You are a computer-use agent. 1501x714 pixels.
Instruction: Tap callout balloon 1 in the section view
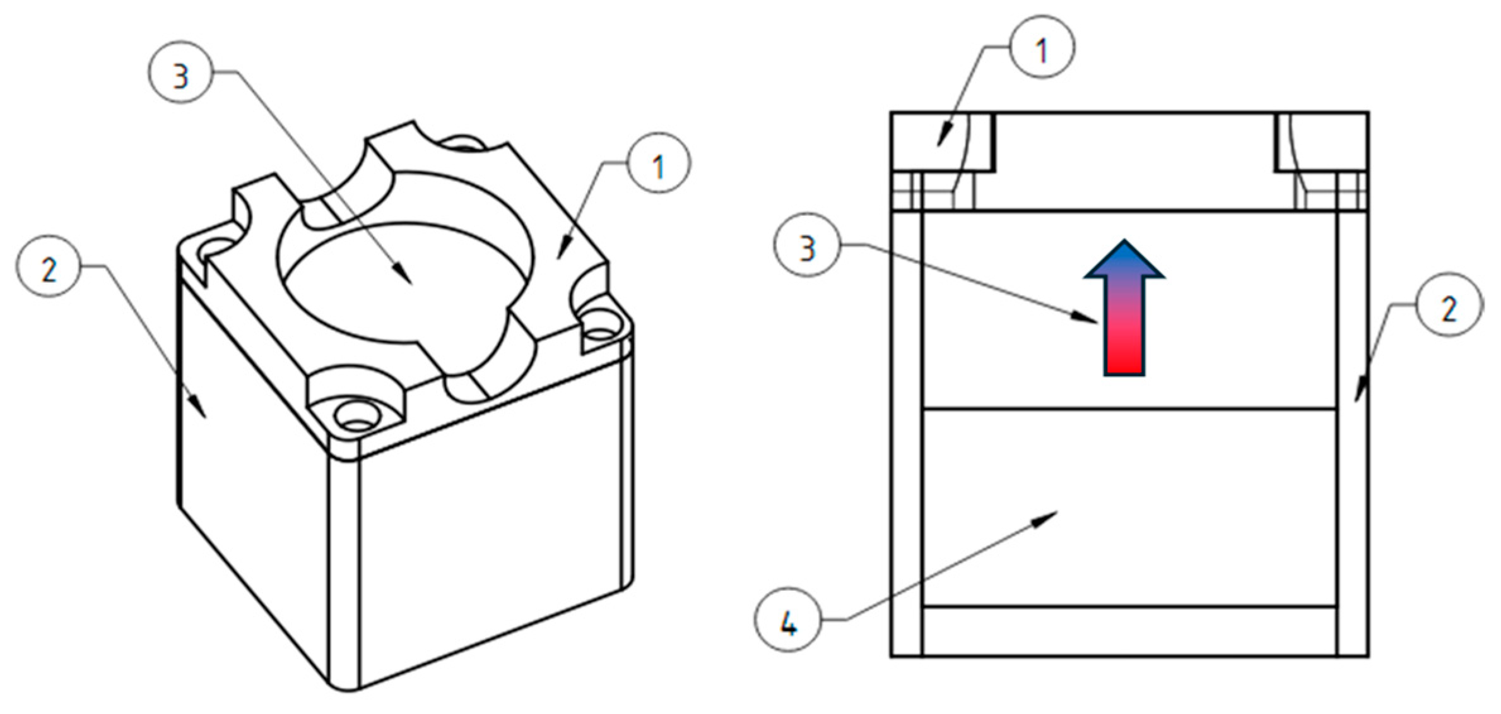click(x=1042, y=47)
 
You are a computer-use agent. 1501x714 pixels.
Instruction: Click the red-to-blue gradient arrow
click(x=1124, y=328)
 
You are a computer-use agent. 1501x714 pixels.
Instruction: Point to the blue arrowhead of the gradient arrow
click(x=1124, y=260)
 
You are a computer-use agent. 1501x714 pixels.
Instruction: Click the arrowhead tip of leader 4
click(x=1057, y=513)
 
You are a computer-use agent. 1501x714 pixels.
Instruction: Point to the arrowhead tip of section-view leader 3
click(x=1097, y=322)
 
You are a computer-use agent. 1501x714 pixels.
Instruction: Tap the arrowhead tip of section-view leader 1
click(x=939, y=146)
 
